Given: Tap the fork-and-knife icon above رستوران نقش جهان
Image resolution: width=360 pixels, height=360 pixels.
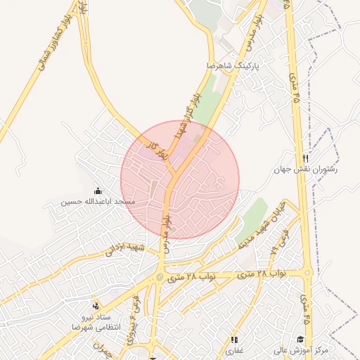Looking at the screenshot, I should [x=305, y=158].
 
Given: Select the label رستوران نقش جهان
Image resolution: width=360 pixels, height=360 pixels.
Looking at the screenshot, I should [x=306, y=169].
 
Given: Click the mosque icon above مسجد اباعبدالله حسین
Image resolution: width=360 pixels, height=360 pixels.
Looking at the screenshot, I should [x=98, y=191].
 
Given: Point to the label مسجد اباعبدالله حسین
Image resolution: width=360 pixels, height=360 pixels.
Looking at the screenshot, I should [x=98, y=202].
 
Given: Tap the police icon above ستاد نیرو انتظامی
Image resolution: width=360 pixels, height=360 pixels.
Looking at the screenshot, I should [x=96, y=306].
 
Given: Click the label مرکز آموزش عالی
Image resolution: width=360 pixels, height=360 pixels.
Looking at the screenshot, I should [x=302, y=349].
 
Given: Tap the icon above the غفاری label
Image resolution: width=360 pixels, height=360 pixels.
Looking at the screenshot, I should [x=234, y=339].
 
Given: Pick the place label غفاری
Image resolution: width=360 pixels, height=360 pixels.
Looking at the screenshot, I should [x=234, y=349].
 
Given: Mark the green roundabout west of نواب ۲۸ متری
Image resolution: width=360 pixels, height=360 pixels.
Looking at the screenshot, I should [x=160, y=276].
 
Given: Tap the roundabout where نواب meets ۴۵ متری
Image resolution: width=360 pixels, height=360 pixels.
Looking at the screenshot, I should [x=307, y=273].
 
